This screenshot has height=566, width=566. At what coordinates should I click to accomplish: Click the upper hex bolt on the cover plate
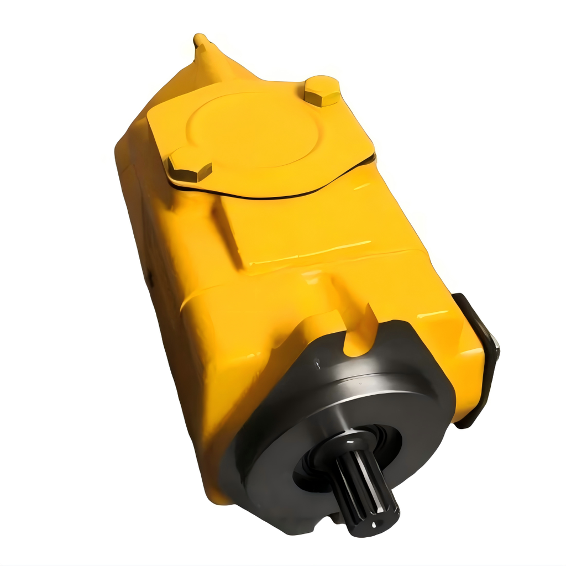322,92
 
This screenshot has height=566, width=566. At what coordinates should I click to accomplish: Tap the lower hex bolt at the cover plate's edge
188,169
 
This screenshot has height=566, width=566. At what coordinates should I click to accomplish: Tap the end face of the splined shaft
381,520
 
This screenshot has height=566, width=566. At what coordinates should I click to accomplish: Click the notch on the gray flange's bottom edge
335,517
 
